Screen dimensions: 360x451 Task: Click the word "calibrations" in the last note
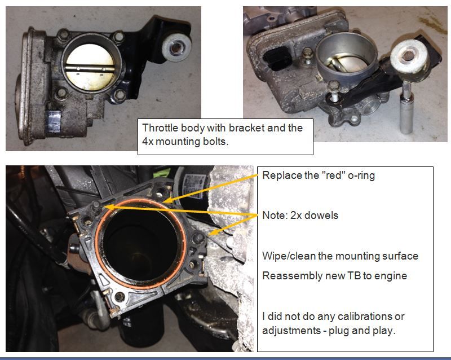352,317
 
